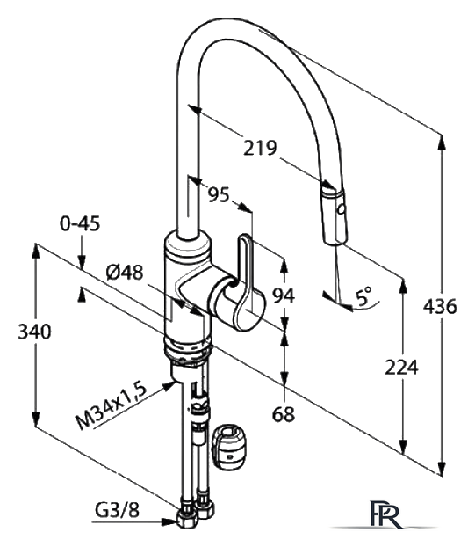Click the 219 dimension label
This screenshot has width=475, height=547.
pos(260,148)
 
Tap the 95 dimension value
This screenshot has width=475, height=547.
pos(219,194)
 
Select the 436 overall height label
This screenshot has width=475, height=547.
pos(440,307)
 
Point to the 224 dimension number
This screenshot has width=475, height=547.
pos(401,367)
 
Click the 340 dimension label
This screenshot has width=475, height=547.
pos(34,332)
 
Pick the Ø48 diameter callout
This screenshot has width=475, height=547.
pos(125,272)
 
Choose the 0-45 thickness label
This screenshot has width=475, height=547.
pos(80,223)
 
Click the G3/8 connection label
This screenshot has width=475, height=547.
pos(118,510)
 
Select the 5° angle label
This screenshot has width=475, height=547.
pos(363,297)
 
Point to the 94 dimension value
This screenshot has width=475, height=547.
pos(284,295)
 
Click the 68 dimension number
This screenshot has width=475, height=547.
pos(284,414)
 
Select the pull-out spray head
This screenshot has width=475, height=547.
pos(334,215)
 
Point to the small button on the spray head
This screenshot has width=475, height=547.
pos(342,209)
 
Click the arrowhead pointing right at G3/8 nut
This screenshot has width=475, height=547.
pos(169,521)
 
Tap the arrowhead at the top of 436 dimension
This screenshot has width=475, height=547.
pos(443,142)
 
